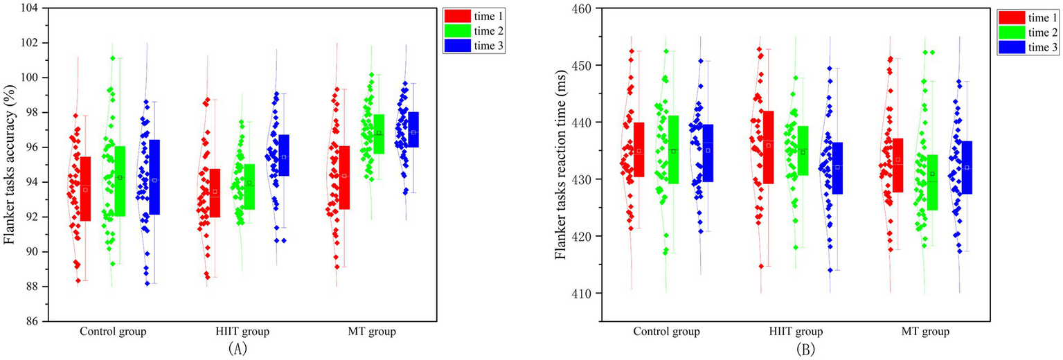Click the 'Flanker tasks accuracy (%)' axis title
(x=10, y=165)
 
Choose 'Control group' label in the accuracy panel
(x=114, y=332)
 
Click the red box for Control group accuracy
(x=85, y=188)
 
